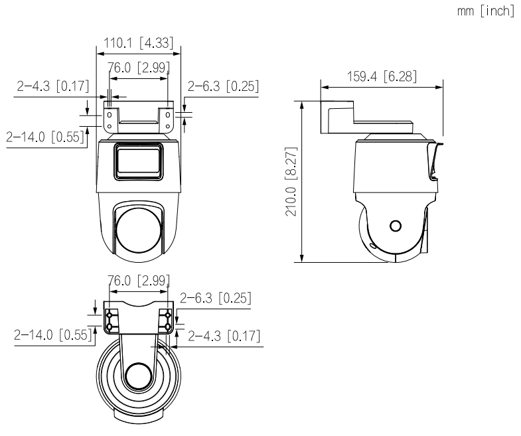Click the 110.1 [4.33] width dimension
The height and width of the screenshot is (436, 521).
coord(136,44)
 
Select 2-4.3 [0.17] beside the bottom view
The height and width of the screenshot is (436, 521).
coord(224,336)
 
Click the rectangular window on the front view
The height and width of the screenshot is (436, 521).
coord(139,161)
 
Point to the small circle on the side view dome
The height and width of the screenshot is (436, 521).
coord(396,226)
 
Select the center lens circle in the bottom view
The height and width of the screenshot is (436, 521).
coord(138,376)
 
